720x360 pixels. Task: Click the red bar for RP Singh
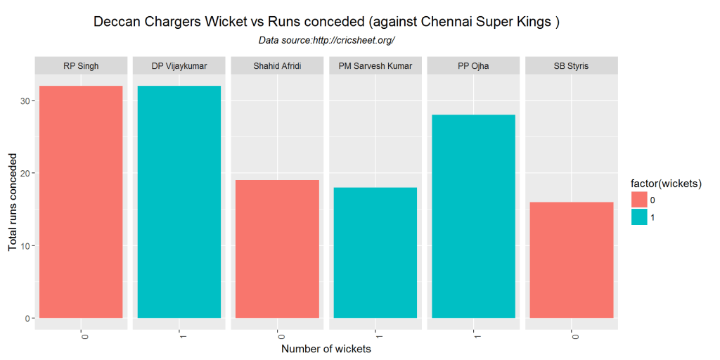point(81,202)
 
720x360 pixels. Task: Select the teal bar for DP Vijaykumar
point(179,202)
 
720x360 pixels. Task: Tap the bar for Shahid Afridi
point(277,249)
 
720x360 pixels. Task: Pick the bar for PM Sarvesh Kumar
point(375,252)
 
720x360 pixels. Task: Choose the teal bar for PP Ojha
point(473,216)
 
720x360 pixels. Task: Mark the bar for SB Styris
point(572,260)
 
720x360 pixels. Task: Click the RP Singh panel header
point(81,66)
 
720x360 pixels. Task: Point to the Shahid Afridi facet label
point(277,66)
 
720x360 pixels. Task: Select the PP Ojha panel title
point(473,66)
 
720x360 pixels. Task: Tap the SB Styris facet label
point(572,66)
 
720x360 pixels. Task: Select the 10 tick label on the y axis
point(23,246)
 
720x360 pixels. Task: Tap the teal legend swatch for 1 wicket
point(639,218)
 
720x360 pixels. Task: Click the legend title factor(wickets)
point(667,184)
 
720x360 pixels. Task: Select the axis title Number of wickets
point(326,349)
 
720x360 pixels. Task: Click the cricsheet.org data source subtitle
point(326,40)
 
